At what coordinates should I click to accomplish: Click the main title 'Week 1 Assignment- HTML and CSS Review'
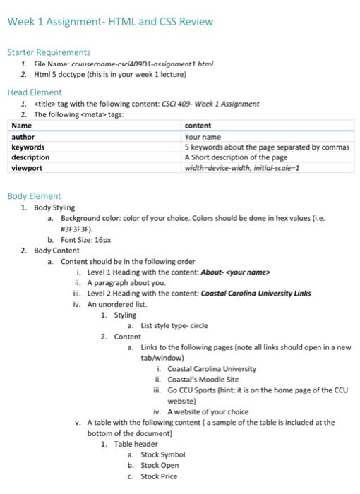(109, 22)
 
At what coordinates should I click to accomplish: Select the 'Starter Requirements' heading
(49, 52)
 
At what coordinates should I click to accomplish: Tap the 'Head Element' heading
(35, 92)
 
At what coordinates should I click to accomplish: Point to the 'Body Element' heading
(34, 196)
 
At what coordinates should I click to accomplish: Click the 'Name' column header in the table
(23, 126)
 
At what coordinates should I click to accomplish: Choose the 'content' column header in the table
(198, 126)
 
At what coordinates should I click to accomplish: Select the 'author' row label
(23, 137)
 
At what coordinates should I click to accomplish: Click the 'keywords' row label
(28, 147)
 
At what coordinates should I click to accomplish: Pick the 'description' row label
(31, 158)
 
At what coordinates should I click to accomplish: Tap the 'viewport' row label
(28, 169)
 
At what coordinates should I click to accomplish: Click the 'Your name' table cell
(203, 137)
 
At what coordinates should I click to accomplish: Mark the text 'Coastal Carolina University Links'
(256, 294)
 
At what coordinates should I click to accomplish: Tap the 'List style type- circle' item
(174, 326)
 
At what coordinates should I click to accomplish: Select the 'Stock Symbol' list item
(162, 455)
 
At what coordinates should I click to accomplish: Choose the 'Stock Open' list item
(160, 466)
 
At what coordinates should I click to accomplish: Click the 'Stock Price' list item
(159, 476)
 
